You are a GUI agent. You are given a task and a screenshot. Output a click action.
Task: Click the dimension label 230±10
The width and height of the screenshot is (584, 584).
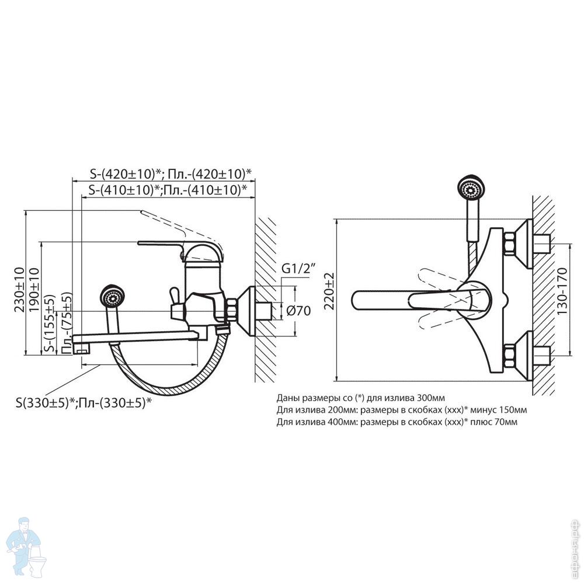[x=19, y=282]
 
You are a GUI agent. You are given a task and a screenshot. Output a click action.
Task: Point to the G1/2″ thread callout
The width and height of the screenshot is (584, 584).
[x=298, y=269]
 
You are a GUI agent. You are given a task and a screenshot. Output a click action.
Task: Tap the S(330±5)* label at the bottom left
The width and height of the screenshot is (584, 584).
[x=84, y=402]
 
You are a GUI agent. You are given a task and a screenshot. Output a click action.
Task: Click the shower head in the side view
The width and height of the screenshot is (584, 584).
[x=112, y=296]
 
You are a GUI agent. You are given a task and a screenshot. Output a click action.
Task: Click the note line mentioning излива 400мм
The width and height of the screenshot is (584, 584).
[x=397, y=421]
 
